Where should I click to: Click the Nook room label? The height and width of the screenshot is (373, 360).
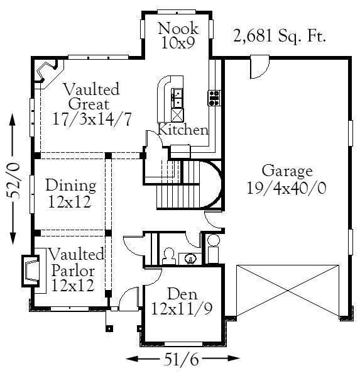178,28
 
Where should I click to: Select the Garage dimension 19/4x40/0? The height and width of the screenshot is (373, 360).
286,188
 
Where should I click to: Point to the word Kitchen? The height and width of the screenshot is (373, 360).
183,130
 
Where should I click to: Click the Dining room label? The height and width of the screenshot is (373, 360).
71,186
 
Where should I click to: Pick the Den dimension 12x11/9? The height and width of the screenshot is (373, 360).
182,309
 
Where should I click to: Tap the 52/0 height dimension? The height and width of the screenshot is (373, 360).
13,181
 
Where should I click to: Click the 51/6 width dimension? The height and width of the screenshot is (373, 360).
182,359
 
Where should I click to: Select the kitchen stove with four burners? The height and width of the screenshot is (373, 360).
215,98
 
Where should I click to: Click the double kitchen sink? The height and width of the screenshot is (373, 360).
177,98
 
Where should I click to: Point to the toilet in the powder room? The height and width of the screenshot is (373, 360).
169,256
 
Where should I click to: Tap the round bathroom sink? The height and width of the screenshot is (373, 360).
190,259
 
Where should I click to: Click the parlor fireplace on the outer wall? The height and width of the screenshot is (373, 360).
30,270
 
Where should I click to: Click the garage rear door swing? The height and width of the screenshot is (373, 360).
259,67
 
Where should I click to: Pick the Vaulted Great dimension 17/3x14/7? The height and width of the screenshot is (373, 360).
92,119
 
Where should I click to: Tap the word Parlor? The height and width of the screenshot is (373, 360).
73,270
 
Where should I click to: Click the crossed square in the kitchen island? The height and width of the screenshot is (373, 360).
178,115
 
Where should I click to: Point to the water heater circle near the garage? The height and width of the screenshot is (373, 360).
213,240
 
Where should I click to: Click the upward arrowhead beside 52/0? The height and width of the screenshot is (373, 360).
13,120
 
